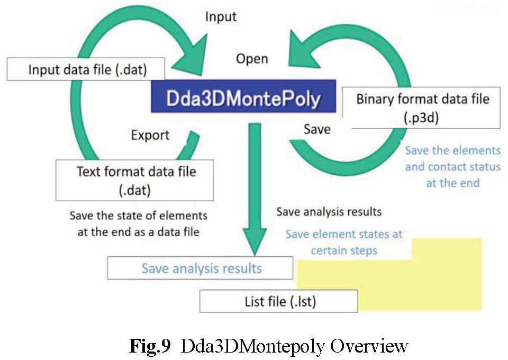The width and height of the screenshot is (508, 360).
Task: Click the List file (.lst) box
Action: (278, 302)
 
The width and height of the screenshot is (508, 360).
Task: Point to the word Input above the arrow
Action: (221, 17)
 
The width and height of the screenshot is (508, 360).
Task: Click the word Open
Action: (252, 58)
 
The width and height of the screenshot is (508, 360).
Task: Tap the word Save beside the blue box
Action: (317, 129)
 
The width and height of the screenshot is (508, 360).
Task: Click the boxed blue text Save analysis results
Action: (201, 268)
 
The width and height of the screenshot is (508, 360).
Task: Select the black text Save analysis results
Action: (329, 212)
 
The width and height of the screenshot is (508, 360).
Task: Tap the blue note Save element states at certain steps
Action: (343, 241)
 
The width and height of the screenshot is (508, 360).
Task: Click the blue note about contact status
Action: (452, 166)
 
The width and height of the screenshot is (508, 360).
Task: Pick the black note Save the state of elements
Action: (139, 223)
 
